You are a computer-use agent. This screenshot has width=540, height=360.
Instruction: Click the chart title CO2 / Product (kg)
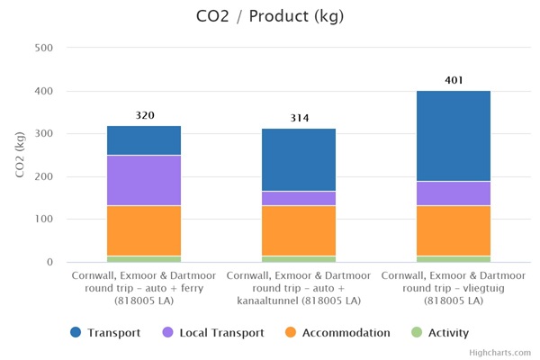pos(270,16)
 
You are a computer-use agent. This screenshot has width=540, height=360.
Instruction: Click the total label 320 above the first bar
pos(144,115)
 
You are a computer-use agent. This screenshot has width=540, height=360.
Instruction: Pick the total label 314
pos(299,118)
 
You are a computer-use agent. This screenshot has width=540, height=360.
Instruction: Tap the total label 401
pos(454,81)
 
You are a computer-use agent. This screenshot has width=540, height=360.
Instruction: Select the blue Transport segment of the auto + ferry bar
pos(144,140)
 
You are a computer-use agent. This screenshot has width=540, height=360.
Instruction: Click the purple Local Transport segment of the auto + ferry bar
pos(144,181)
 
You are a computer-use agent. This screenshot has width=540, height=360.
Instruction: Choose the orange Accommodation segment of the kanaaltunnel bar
pos(299,230)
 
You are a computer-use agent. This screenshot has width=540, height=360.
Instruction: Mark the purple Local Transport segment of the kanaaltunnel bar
pos(299,198)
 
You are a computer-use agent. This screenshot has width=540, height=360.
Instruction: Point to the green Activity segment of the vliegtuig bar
pos(454,259)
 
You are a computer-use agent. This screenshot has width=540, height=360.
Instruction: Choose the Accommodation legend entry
pos(337,333)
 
